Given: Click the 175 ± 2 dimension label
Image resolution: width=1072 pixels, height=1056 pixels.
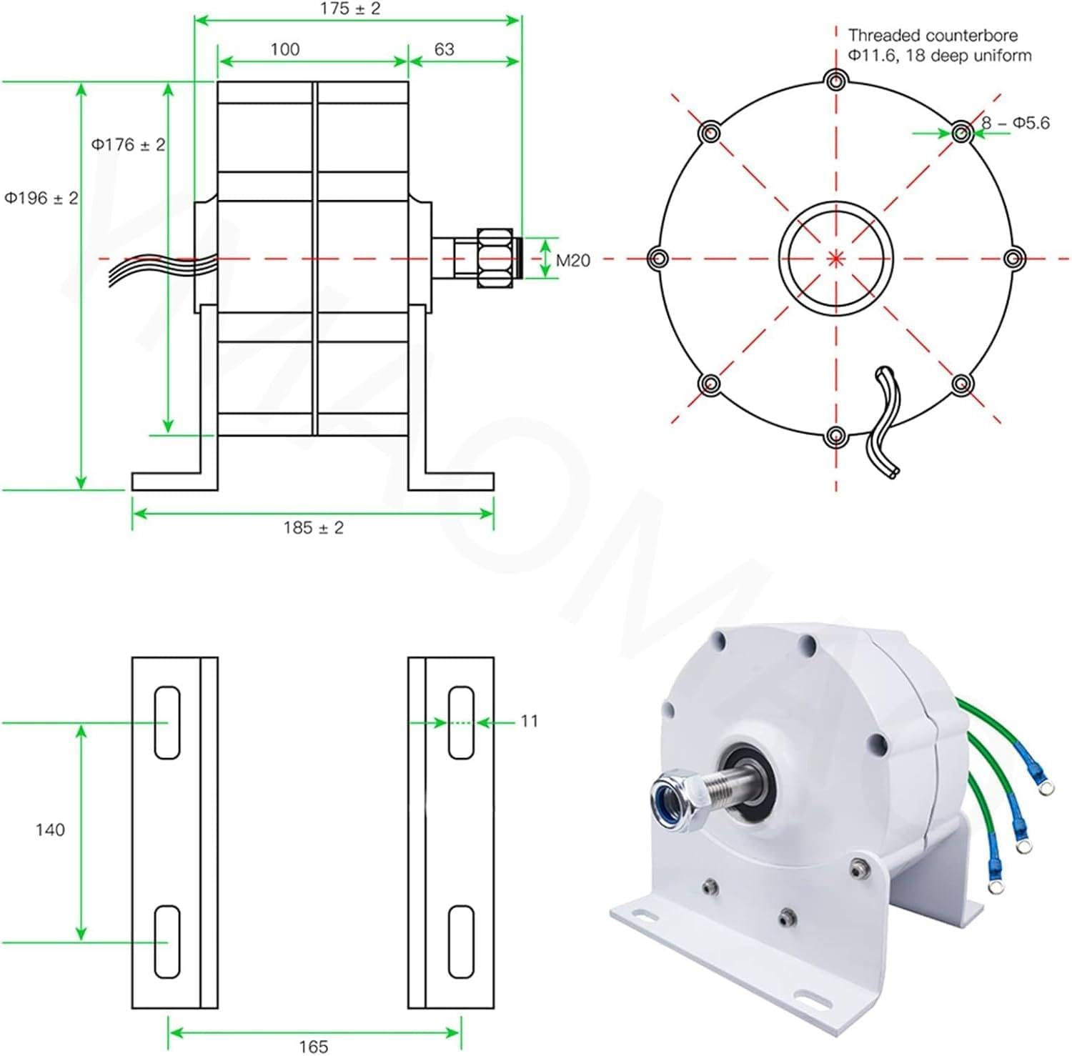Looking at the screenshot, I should pos(350,9).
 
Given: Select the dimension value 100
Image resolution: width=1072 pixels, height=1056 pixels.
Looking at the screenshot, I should pos(284,49).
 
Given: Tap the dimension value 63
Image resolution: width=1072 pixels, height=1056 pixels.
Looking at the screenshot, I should pos(444,49).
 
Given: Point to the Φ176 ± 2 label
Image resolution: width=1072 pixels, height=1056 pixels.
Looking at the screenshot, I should pos(128,145).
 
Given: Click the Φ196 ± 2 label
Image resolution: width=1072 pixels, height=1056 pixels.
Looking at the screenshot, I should pos(41,198).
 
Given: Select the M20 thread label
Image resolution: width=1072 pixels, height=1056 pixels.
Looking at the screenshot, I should pos(573,261).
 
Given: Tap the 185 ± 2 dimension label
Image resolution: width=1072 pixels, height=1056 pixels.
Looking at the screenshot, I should pos(313,528).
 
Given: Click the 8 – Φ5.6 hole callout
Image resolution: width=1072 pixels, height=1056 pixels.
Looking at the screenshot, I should pos(1015,123).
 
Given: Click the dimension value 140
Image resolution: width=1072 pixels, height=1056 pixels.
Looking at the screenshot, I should pos(50,830).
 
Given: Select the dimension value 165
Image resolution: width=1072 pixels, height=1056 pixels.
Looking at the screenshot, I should pos(313,1046).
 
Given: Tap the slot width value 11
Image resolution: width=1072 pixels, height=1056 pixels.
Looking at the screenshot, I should pos(529,721).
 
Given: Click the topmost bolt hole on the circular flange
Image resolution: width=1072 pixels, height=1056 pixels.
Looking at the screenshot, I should pos(835,80).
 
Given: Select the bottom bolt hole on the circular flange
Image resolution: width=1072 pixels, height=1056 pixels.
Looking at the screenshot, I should pos(835,435).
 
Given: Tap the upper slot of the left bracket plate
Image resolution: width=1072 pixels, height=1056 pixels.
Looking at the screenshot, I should pos(167,722).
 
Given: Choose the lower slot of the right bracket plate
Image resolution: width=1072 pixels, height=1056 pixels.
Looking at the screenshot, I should pos(461,941).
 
